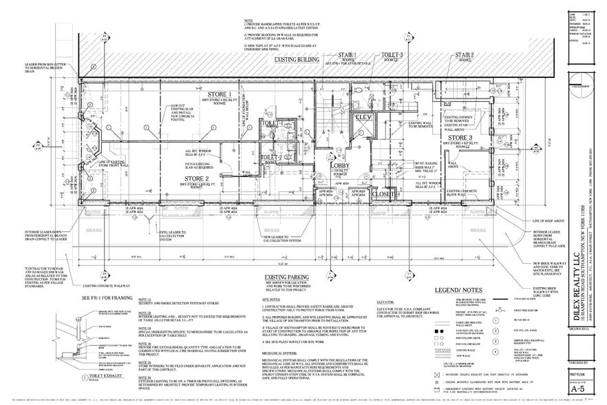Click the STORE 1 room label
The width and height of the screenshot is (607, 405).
(215, 94)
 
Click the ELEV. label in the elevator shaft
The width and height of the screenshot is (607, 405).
(363, 118)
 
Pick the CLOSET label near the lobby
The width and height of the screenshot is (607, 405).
(383, 194)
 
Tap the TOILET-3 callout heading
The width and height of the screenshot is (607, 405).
(393, 54)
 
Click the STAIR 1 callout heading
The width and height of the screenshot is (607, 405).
(345, 54)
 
